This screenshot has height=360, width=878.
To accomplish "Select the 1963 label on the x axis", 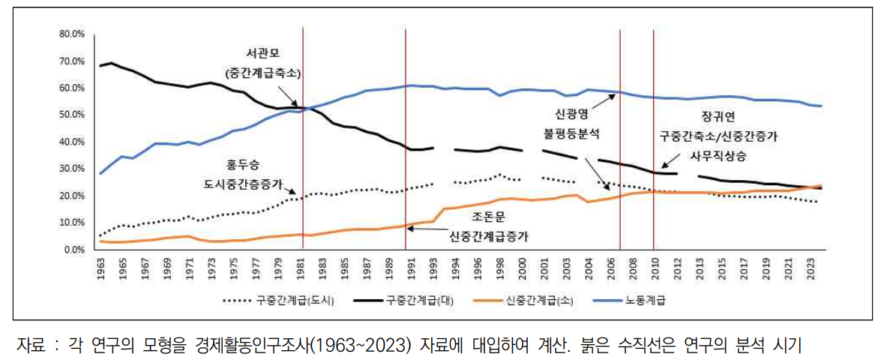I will pyautogui.click(x=100, y=267).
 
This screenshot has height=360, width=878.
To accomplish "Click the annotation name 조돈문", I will pyautogui.click(x=491, y=217).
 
